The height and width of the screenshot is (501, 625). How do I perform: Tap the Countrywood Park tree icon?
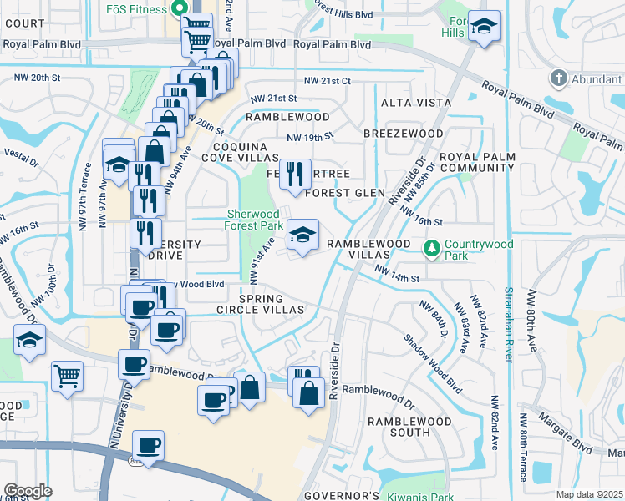[432, 247]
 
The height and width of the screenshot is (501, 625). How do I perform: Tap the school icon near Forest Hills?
[484, 27]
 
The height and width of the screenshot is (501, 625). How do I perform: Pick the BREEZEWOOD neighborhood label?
[404, 134]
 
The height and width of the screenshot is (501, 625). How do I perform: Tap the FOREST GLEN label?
[344, 193]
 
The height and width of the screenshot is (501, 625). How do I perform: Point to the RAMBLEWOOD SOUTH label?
[399, 428]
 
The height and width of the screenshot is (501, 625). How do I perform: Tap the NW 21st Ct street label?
[328, 81]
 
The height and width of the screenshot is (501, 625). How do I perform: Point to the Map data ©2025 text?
[589, 494]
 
